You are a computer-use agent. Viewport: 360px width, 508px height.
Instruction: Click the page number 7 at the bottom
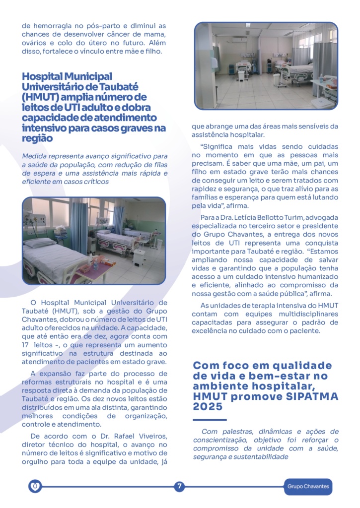tap(179, 486)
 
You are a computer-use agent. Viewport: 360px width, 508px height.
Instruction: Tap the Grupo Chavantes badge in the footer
tap(308, 486)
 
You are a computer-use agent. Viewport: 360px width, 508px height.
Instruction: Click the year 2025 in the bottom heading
tap(208, 406)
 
